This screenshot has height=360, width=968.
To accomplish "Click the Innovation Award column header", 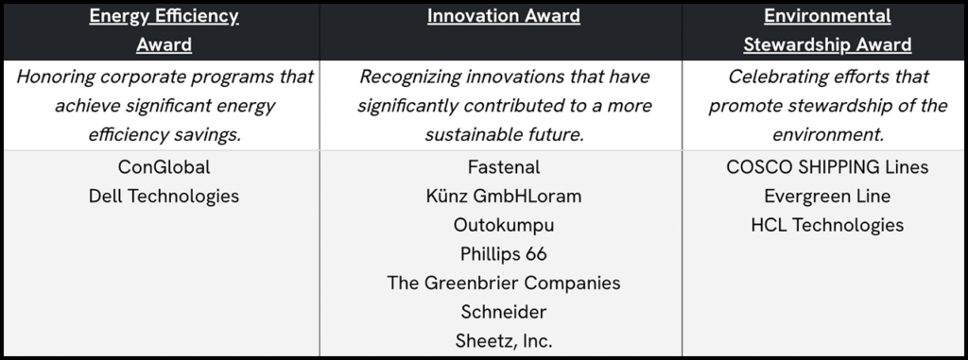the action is (503, 16).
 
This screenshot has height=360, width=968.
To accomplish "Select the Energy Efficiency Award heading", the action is (164, 30).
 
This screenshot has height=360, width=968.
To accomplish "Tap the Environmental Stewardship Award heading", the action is (827, 30).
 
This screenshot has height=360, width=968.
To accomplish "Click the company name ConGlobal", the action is (164, 167).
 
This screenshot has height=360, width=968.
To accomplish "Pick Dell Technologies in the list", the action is (164, 197).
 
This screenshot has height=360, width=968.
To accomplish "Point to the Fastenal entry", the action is (503, 167).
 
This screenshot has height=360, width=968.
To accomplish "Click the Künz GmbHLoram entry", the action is (503, 197).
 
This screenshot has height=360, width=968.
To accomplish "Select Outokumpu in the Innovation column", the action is (503, 226).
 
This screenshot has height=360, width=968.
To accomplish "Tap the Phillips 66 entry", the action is (503, 254).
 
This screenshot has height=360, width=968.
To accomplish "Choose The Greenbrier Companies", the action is (503, 283).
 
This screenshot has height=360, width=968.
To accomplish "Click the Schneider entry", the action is (503, 312).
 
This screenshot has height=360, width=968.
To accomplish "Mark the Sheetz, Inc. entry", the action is (503, 341).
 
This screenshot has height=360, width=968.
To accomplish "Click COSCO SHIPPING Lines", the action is (827, 167).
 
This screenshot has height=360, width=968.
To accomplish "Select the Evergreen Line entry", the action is (827, 197).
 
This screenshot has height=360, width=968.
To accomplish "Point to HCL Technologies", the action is (827, 226).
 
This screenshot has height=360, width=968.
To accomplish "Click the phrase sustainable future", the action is (503, 134).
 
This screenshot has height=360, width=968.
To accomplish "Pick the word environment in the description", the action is (827, 134).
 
